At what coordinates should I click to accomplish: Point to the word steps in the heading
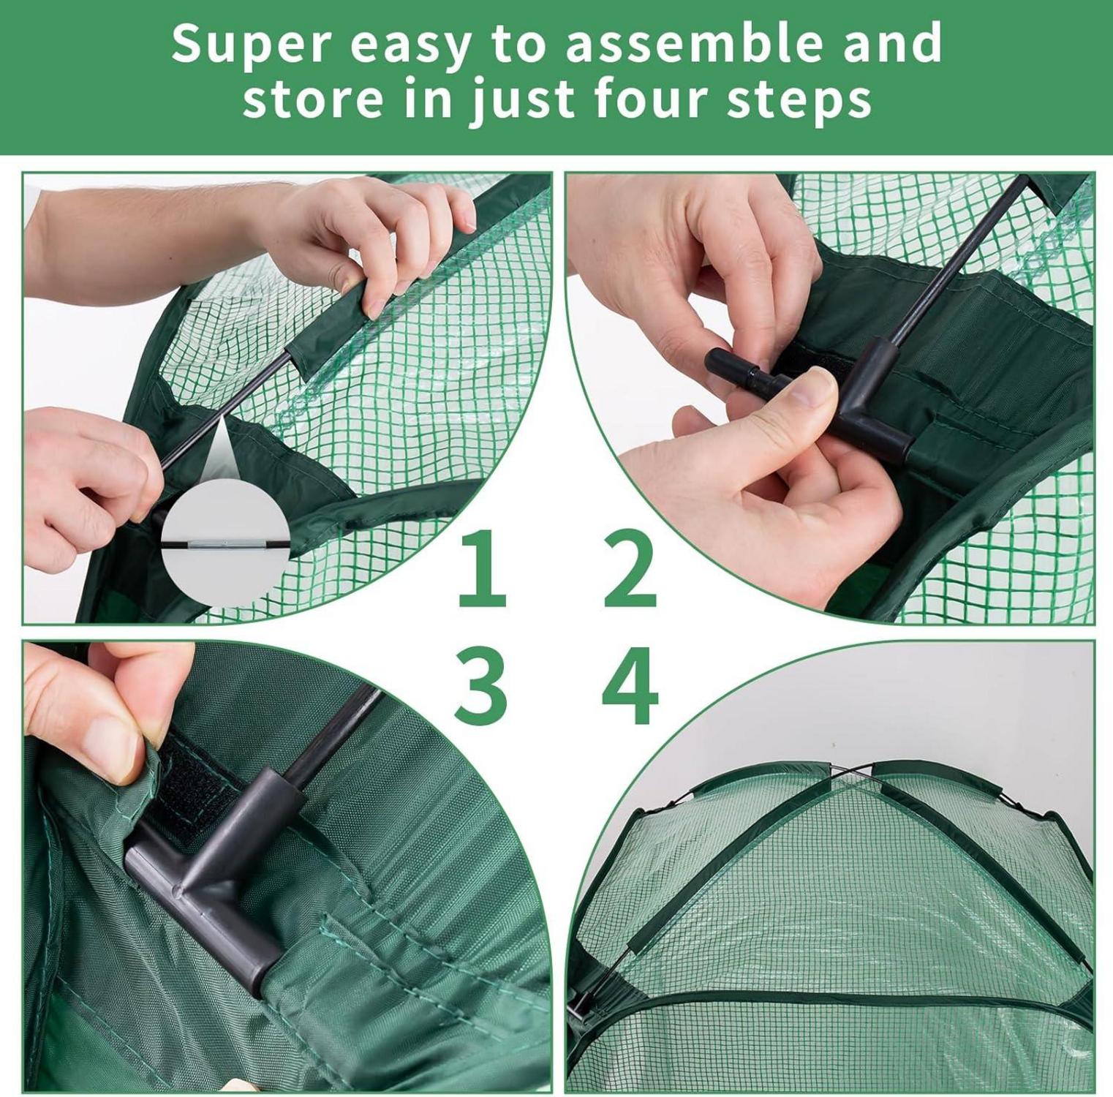800,101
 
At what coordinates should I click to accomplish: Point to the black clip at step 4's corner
579,1002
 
